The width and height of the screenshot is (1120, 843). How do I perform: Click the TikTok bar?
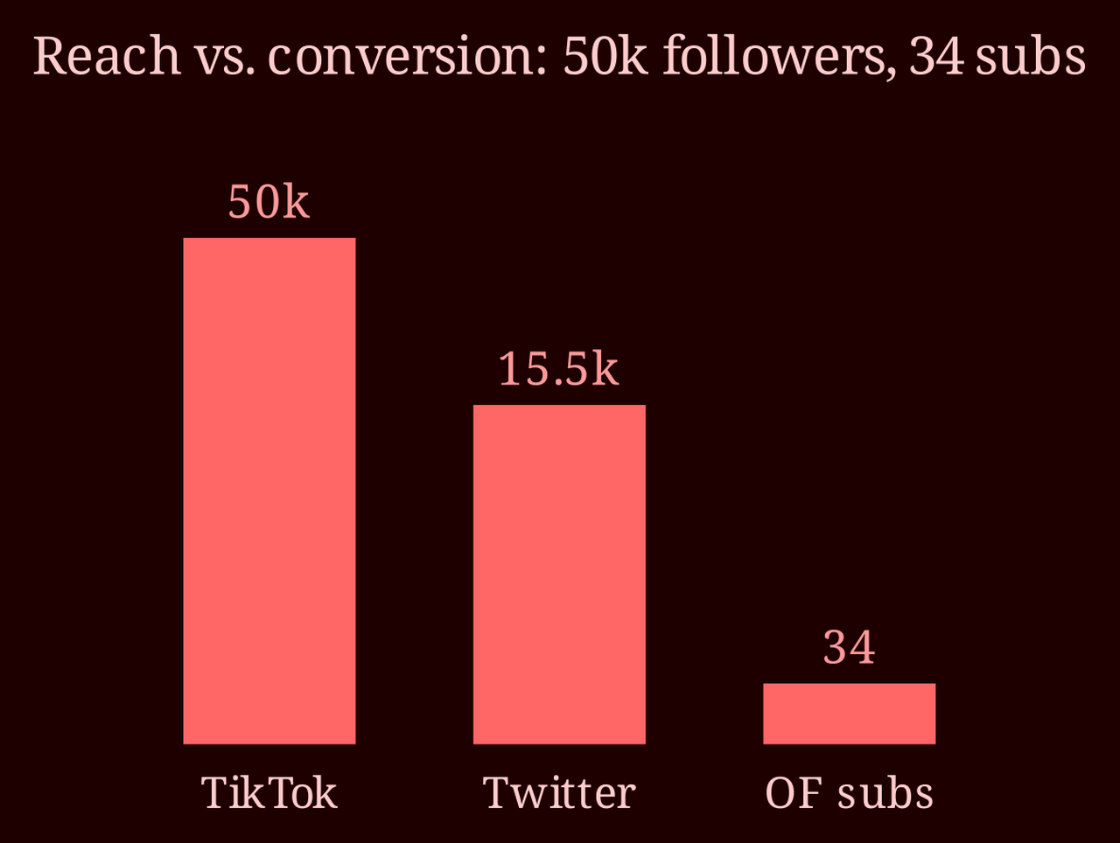[x=269, y=491]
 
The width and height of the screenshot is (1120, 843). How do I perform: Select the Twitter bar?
[x=559, y=575]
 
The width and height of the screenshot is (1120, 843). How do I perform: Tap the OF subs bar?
[x=849, y=714]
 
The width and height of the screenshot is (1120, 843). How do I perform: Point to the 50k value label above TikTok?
[x=269, y=202]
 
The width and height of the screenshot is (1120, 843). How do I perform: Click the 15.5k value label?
[x=559, y=369]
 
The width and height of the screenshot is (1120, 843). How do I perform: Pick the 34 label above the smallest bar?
[x=850, y=648]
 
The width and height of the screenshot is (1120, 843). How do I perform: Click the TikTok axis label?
[x=269, y=792]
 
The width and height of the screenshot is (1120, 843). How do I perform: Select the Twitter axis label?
[x=559, y=792]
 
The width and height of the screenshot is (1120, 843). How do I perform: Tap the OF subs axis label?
[x=849, y=792]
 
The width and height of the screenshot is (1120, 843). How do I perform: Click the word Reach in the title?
[x=107, y=56]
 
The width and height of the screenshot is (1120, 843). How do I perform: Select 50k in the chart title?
[x=605, y=56]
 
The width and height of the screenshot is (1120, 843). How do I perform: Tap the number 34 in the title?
[x=937, y=57]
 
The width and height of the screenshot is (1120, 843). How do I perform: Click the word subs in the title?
[x=1030, y=56]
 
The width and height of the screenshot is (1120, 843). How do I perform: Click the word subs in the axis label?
[x=885, y=793]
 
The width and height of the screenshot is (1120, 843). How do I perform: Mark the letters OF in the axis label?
[x=794, y=793]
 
